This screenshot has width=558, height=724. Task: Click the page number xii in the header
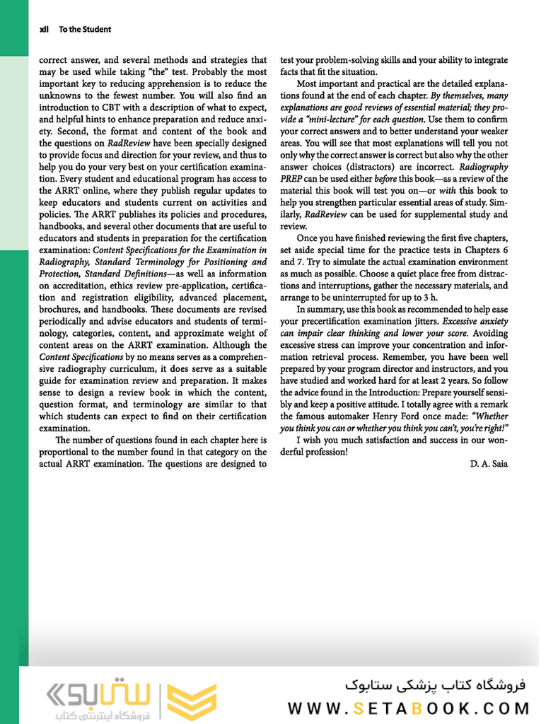point(44,30)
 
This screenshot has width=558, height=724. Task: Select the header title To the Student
point(85,30)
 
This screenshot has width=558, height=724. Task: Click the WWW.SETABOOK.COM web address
point(408,708)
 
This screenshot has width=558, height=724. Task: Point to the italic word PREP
point(291,178)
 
